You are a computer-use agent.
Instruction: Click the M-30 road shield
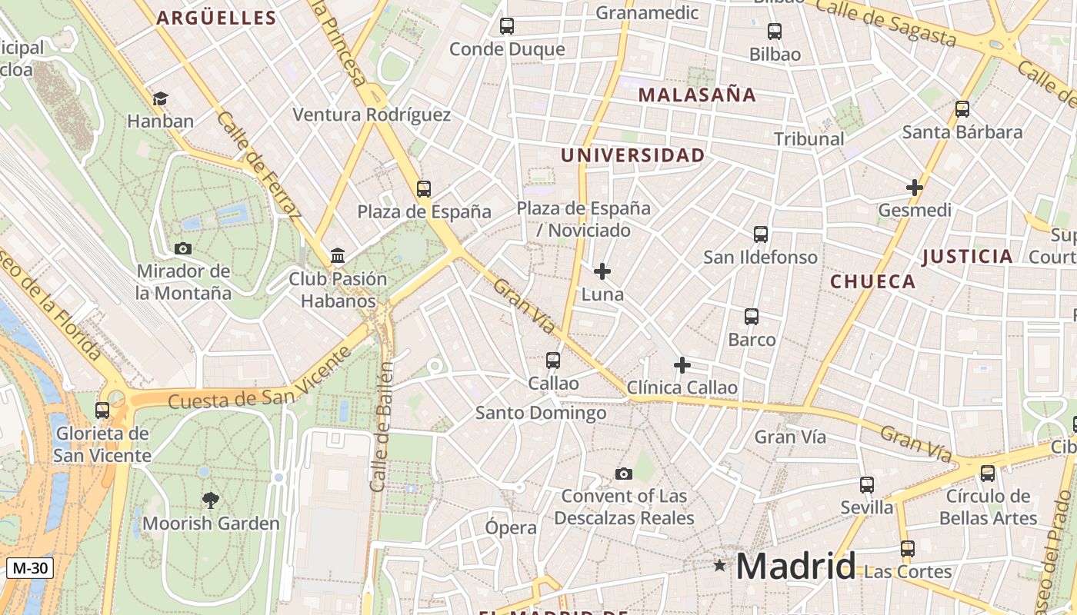(30, 568)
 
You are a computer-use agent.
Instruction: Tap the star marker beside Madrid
(719, 566)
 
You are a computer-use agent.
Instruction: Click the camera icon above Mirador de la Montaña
(183, 248)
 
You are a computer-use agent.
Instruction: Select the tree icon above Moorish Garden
(210, 501)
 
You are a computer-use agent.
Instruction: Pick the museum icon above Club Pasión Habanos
(337, 255)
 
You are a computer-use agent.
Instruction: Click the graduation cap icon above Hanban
(160, 98)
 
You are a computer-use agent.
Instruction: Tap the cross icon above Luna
(602, 271)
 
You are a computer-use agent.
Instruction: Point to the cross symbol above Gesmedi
(914, 187)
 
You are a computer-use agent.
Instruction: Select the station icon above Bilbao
(775, 32)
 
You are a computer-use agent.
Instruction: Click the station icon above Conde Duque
(507, 26)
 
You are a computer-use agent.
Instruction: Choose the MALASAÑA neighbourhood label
(697, 95)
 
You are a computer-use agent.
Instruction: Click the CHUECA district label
(872, 281)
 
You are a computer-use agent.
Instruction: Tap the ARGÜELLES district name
(216, 18)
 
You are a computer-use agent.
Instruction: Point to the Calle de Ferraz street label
(258, 165)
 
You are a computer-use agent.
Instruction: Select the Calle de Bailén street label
(382, 427)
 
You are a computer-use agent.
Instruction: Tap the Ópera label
(511, 527)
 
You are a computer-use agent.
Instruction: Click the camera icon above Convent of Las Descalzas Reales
(624, 474)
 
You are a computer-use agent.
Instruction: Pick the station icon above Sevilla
(867, 485)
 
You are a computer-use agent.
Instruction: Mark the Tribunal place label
(809, 139)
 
